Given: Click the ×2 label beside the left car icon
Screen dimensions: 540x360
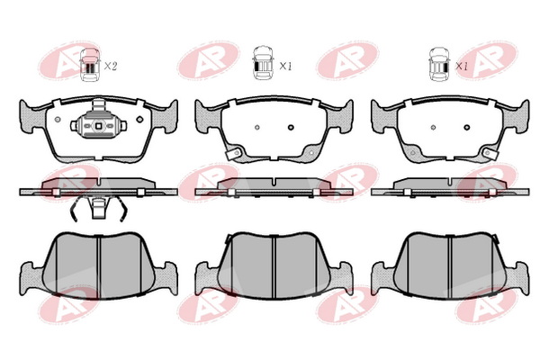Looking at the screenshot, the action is click(110, 66).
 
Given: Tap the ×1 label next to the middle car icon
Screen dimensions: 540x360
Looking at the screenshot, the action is click(285, 66).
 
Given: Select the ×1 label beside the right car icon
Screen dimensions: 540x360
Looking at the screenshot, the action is click(462, 66).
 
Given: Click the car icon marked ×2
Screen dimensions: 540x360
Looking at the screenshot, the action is click(90, 65).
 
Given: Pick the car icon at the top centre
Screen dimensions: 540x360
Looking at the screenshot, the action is click(263, 63).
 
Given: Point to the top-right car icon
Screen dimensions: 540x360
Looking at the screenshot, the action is click(439, 65).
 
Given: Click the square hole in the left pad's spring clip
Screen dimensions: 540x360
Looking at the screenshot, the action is click(98, 126).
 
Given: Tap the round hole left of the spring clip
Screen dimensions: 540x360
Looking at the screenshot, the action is click(58, 120).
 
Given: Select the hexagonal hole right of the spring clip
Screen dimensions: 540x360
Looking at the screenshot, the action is click(139, 119).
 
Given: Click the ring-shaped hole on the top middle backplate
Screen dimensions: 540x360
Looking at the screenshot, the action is click(291, 127).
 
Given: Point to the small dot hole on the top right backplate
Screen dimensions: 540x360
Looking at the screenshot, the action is click(433, 128).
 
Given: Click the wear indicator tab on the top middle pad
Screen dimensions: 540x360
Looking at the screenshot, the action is click(233, 153).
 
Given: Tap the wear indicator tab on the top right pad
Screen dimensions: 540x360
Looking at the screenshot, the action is click(490, 153).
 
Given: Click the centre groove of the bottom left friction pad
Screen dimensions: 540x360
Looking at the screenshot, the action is click(98, 265).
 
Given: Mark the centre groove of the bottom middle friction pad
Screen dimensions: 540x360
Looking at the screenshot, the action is click(274, 266).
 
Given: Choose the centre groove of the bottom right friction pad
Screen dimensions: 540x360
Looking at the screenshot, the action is click(449, 266).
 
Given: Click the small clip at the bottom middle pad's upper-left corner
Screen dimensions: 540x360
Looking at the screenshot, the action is click(228, 238).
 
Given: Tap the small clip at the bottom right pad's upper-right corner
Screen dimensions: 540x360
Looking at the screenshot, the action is click(495, 238).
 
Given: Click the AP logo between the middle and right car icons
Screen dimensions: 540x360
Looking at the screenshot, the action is click(347, 60).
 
